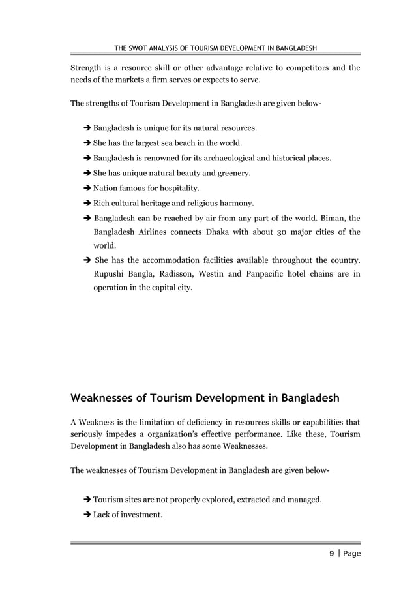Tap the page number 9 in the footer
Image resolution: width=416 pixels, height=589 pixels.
pos(332,554)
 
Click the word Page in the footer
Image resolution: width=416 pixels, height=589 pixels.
pos(351,554)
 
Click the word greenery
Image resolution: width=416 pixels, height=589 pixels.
pos(233,173)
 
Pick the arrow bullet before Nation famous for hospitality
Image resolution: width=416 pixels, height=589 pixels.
pos(87,189)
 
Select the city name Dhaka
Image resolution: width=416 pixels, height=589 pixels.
pos(228,233)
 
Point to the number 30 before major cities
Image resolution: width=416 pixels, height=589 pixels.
pos(276,233)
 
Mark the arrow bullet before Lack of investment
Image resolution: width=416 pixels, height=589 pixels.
pos(87,515)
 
